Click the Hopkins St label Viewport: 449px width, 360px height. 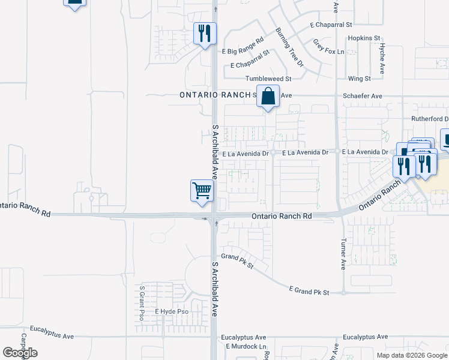point(364,38)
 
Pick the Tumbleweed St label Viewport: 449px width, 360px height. point(268,79)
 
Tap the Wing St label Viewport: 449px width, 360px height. point(359,78)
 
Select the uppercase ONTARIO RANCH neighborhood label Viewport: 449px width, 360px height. point(215,95)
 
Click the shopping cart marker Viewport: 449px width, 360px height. point(202,191)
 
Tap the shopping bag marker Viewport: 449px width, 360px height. point(268,96)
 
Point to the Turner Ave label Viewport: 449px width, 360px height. point(343,254)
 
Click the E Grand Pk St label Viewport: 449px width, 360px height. point(309,292)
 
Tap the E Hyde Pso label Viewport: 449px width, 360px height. point(172,312)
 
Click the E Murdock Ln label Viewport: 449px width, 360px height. point(246,347)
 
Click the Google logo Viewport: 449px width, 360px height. point(20,353)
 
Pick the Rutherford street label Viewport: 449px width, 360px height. point(429,119)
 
